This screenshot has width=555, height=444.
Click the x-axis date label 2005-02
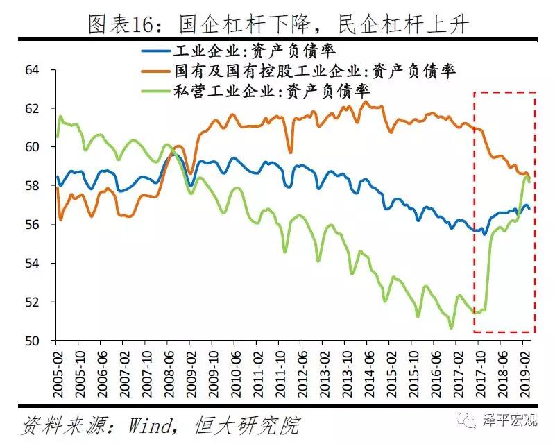click(x=56, y=372)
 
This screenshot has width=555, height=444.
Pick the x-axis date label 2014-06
click(x=367, y=372)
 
